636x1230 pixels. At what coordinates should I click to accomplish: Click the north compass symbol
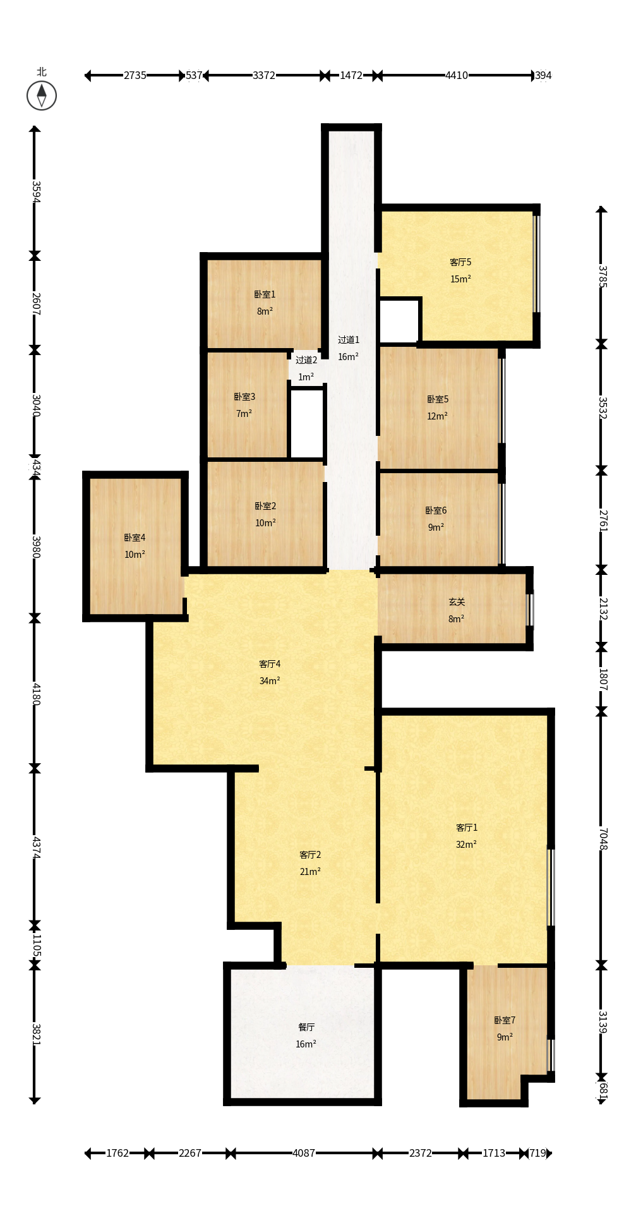pos(42,95)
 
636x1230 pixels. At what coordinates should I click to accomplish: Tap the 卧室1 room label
pos(265,294)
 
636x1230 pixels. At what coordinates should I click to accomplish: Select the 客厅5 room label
pos(460,262)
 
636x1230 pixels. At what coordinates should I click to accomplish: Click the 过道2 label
pos(306,360)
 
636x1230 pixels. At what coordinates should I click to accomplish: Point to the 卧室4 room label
pos(135,538)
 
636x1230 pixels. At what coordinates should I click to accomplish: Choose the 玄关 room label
pos(457,602)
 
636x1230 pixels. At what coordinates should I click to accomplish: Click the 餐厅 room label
pos(306,1027)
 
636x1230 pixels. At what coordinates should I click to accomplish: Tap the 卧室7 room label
pos(505,1020)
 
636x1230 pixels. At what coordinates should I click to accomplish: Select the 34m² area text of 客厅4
pos(270,681)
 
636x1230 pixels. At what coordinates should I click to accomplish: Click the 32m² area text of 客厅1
pos(466,845)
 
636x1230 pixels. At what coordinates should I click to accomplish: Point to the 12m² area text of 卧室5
pos(437,416)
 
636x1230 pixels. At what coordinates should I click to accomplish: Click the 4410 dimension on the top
pos(457,76)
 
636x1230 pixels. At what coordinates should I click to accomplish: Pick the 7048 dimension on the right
pos(603,838)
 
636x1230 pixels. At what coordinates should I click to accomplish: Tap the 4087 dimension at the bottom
pos(304,1154)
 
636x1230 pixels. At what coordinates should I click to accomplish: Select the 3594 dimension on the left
pos(36,191)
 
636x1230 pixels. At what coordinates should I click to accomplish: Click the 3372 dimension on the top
pos(264,76)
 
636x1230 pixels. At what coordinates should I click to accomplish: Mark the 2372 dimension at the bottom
pos(421,1154)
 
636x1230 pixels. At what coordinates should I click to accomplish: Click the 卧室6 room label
pos(436,510)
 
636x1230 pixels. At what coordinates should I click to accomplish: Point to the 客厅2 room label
pos(310,855)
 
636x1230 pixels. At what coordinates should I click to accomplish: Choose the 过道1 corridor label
pos(349,340)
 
